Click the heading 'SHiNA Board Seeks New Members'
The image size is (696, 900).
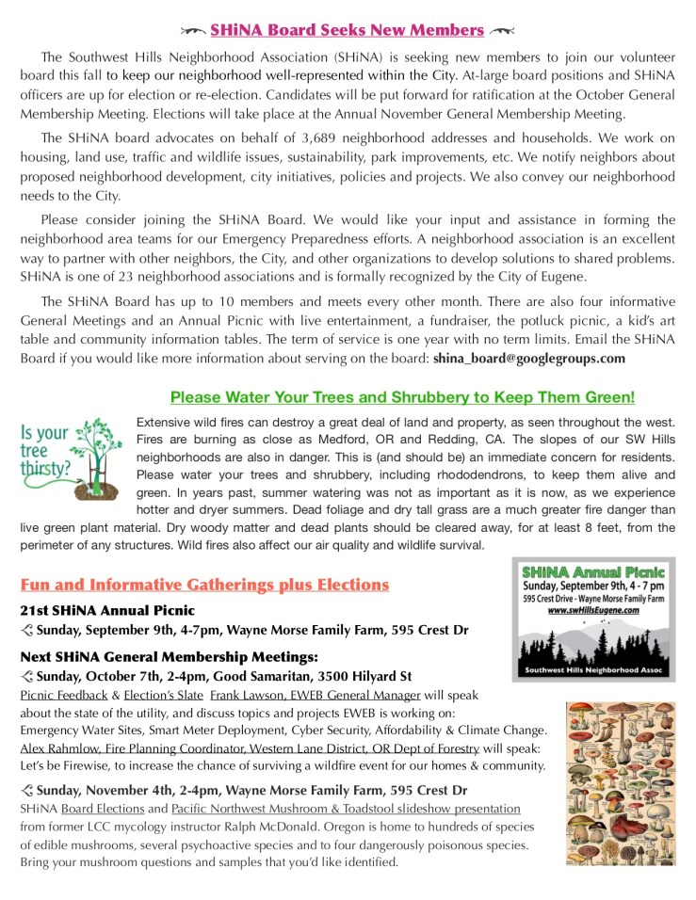click(x=348, y=30)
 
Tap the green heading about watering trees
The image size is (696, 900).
click(x=402, y=397)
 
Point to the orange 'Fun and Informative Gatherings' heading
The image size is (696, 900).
click(x=204, y=585)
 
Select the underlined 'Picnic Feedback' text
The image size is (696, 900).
click(x=63, y=695)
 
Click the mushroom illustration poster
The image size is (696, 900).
click(x=620, y=783)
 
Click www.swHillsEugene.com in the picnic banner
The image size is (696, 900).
click(x=593, y=610)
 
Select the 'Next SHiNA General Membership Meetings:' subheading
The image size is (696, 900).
click(x=169, y=655)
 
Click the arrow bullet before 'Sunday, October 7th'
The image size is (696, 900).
click(x=26, y=676)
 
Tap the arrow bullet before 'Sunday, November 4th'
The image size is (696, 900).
click(x=26, y=790)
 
